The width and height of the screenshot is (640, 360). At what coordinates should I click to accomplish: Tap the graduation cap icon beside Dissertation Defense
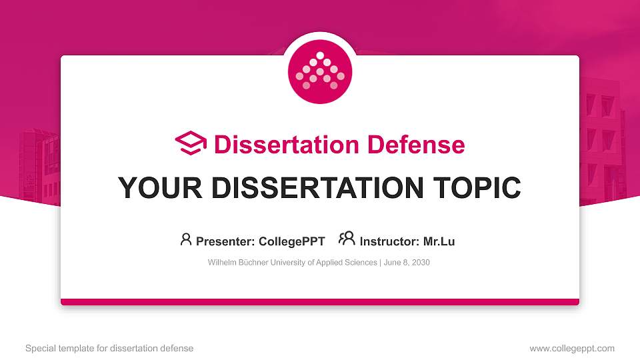pyautogui.click(x=191, y=144)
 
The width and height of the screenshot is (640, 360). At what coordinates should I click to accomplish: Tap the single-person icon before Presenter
pyautogui.click(x=186, y=239)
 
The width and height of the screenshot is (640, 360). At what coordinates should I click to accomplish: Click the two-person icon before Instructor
pyautogui.click(x=347, y=239)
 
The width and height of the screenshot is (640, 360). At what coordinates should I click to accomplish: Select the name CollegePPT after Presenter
pyautogui.click(x=291, y=241)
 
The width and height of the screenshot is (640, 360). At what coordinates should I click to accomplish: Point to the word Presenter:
pyautogui.click(x=225, y=241)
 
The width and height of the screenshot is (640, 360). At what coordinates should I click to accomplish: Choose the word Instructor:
pyautogui.click(x=389, y=241)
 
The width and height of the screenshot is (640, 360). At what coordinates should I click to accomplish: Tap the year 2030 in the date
pyautogui.click(x=420, y=263)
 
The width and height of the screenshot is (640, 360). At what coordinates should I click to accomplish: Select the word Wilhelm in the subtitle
pyautogui.click(x=221, y=263)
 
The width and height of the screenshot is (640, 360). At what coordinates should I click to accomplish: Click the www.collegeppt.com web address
pyautogui.click(x=572, y=348)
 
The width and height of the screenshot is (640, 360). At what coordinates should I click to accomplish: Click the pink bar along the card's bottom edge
pyautogui.click(x=320, y=302)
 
